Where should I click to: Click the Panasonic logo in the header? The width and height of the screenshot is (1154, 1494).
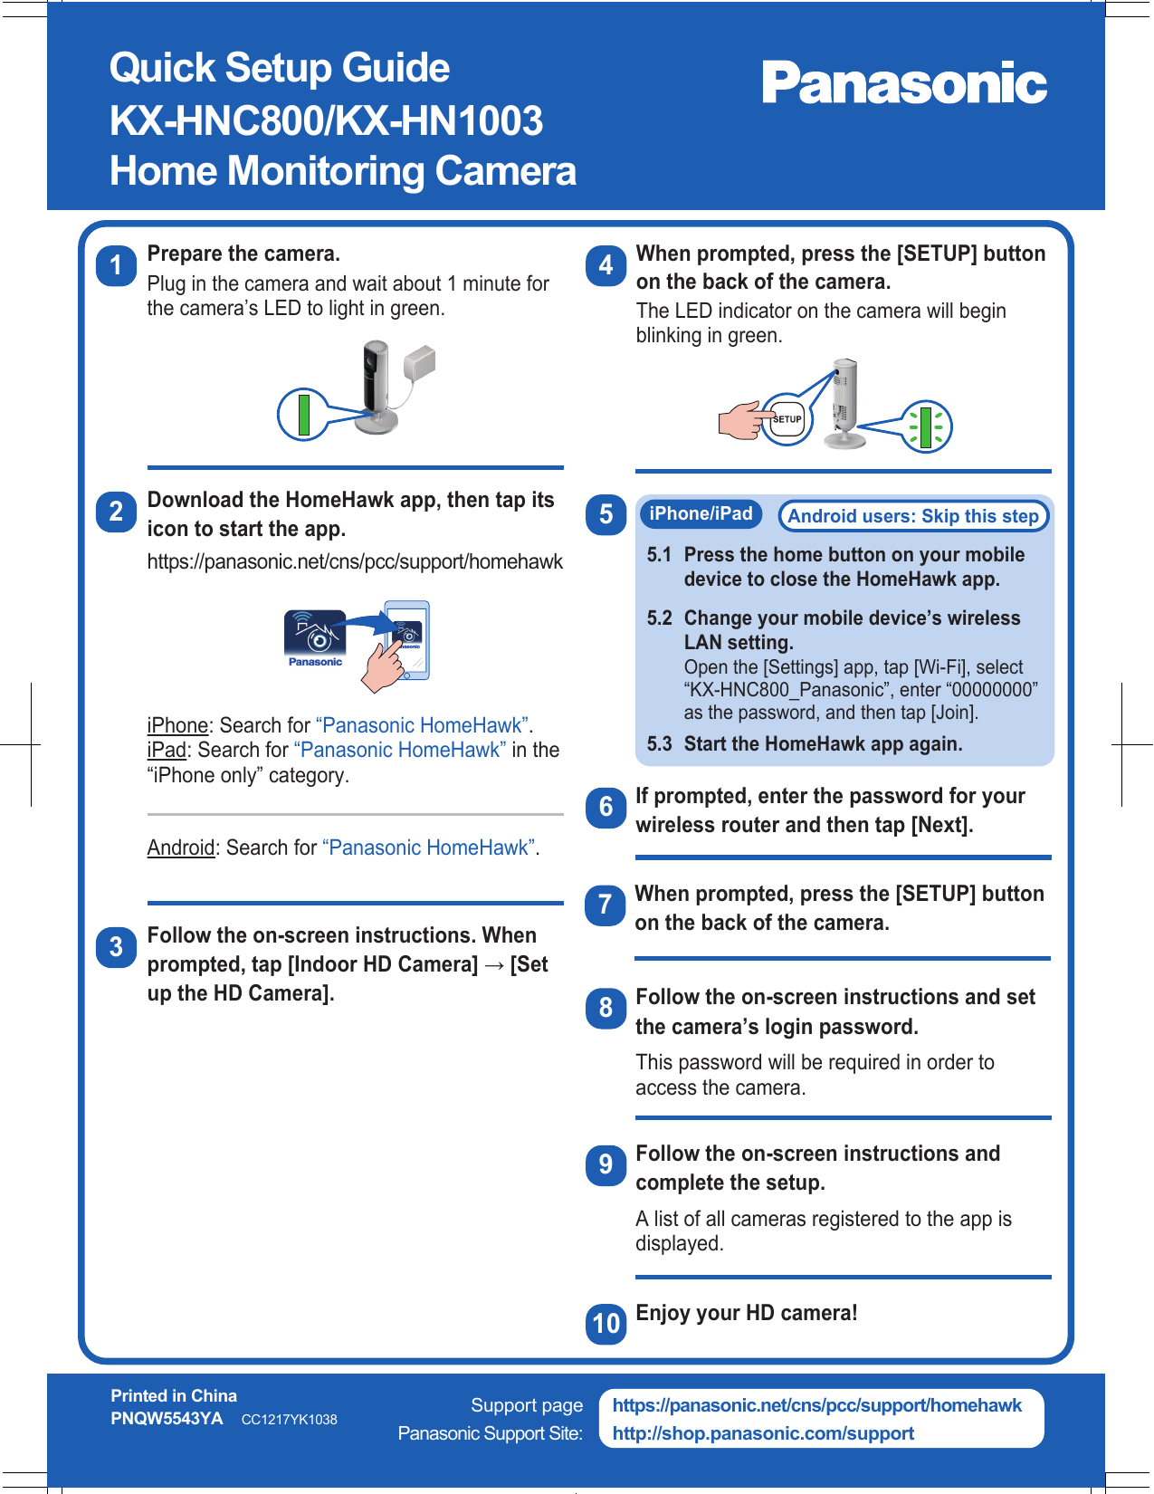903,83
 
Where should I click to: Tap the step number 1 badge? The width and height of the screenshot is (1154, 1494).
116,265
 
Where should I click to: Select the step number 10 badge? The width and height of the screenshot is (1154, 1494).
606,1324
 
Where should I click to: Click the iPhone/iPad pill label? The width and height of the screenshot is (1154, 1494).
701,514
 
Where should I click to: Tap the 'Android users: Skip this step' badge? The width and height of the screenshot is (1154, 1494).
912,516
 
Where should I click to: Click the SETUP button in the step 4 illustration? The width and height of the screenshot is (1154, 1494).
787,419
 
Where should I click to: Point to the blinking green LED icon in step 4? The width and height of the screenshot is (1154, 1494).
926,426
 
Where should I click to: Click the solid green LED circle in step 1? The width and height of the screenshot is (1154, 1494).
304,414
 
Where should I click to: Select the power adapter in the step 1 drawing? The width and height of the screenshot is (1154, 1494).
420,364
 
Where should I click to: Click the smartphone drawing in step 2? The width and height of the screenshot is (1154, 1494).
407,639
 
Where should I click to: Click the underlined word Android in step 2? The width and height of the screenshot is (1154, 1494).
181,848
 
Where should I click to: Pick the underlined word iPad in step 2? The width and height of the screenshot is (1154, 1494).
167,751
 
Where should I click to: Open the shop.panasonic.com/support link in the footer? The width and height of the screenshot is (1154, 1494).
763,1433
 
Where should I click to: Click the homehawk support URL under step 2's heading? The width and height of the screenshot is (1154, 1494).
355,562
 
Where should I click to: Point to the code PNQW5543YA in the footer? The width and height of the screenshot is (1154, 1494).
167,1419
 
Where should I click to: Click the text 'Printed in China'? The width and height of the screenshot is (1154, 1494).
174,1395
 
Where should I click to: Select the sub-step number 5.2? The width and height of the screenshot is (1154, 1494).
659,618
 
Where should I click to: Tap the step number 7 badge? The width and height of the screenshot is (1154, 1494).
606,905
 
